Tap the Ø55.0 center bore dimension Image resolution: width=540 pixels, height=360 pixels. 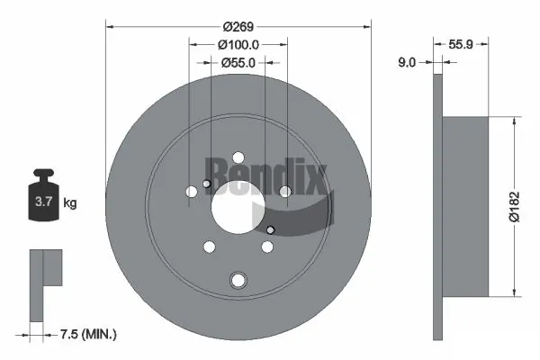pyautogui.click(x=238, y=62)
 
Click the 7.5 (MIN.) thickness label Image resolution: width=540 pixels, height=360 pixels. pyautogui.click(x=87, y=334)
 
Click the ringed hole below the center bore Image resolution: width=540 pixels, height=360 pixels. pyautogui.click(x=238, y=280)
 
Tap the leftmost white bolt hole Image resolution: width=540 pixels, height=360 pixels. pyautogui.click(x=191, y=192)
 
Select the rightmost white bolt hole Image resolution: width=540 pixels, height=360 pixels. pyautogui.click(x=285, y=192)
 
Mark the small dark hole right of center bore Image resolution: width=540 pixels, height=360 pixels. pyautogui.click(x=270, y=231)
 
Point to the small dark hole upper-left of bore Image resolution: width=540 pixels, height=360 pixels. pyautogui.click(x=207, y=185)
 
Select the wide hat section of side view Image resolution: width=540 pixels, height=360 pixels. pyautogui.click(x=466, y=205)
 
